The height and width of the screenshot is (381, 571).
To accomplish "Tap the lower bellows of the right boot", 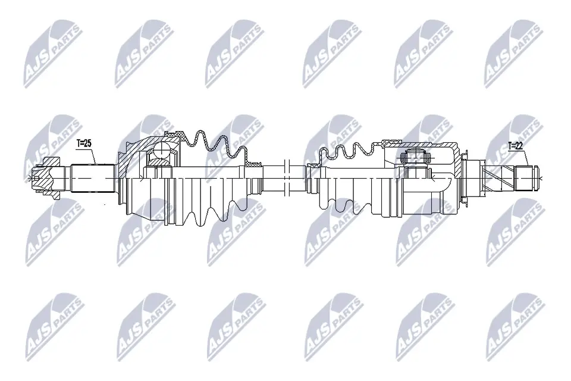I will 345,202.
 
